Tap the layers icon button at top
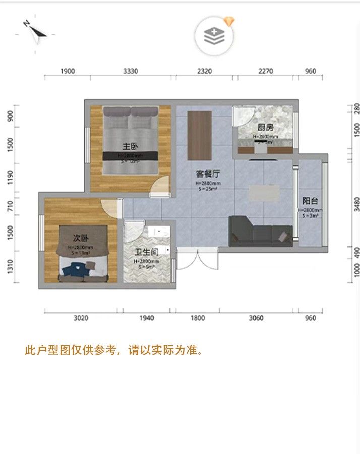214,36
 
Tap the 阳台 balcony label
310,201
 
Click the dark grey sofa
260,232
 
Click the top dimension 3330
130,71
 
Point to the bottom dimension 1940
147,318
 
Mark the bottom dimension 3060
257,318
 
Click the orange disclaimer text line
113,350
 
